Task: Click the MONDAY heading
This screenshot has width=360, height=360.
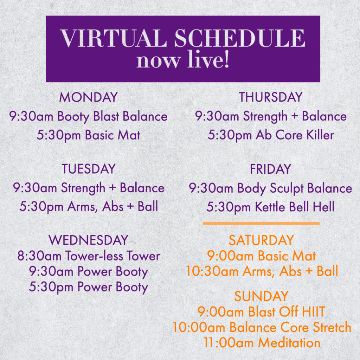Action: [88, 97]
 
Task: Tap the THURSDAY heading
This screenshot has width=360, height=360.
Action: [270, 97]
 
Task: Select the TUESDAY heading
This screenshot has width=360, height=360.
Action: [88, 169]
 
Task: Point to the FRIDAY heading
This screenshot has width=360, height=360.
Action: [270, 169]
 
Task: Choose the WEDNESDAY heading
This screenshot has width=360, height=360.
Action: [88, 240]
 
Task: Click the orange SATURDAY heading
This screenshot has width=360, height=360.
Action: [261, 240]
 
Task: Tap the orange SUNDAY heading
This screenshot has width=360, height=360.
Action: [261, 296]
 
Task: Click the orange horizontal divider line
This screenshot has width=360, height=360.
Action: [261, 223]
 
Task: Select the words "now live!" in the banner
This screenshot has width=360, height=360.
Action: [183, 60]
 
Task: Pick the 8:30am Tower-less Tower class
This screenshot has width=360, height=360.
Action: [89, 256]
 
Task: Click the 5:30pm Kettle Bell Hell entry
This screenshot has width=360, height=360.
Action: [270, 207]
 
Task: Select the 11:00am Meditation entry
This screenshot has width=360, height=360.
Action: [262, 343]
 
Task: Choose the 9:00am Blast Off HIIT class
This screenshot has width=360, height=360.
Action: [261, 312]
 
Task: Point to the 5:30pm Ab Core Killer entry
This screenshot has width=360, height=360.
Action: [271, 135]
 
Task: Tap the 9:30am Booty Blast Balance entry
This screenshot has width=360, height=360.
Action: [88, 116]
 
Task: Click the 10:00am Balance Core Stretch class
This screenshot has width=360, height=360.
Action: [262, 327]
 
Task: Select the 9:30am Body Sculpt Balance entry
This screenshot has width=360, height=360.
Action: [270, 188]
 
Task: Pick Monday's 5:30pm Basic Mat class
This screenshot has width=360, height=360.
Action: [88, 135]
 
